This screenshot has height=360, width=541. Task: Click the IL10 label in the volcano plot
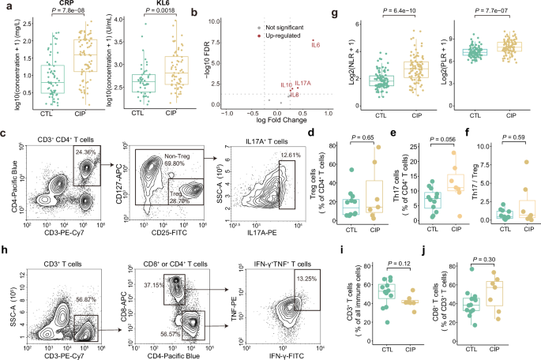point(285,84)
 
